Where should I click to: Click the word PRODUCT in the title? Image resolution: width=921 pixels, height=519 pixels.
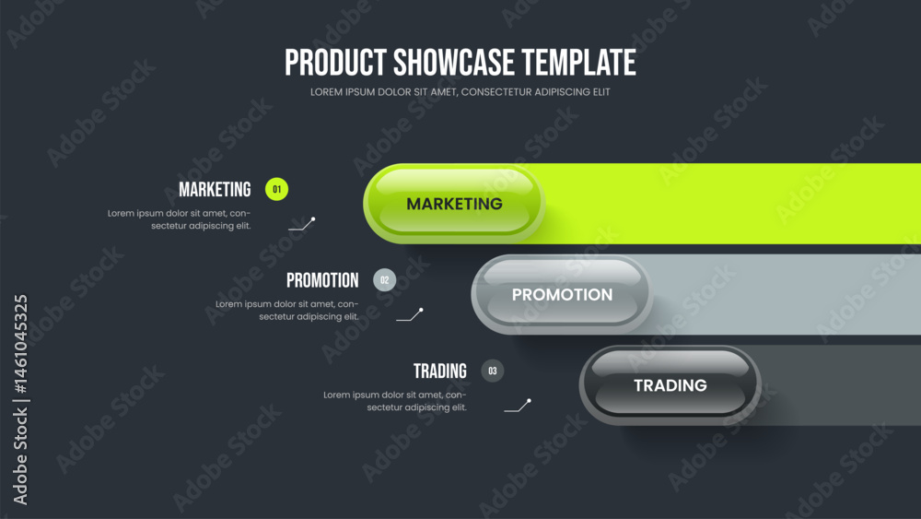point(335,63)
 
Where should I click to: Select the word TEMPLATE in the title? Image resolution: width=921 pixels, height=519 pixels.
point(579,63)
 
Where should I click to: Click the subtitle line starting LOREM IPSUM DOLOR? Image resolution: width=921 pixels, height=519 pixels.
point(460,92)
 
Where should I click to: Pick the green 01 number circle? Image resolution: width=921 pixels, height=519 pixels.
point(276,189)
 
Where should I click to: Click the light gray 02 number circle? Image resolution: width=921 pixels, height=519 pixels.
point(385,280)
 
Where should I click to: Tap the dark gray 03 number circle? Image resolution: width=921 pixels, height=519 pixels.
point(493,371)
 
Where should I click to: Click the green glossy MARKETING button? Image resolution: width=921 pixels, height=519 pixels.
point(454,204)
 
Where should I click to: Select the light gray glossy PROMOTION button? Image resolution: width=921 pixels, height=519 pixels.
point(562,294)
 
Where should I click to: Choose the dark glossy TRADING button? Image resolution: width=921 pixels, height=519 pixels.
point(670,385)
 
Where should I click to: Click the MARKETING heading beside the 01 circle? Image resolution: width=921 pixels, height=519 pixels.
point(215,189)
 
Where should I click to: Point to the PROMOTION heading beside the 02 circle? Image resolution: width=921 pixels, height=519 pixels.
point(322,280)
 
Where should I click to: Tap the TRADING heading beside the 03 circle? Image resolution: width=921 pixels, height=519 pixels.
point(440,371)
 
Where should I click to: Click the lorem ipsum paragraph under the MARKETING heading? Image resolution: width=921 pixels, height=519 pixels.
point(180,219)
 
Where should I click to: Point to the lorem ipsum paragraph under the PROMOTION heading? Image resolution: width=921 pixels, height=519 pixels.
point(286,311)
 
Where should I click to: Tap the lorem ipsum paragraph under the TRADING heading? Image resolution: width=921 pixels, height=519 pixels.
point(395,401)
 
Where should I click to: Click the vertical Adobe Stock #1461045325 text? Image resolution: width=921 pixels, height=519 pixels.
point(20,400)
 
